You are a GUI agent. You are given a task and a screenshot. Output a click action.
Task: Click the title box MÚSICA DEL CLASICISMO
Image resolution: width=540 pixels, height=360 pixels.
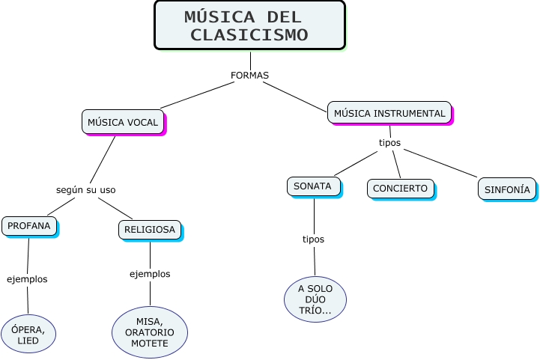pos(249,25)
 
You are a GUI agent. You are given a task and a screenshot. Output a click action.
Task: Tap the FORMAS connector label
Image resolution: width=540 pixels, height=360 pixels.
pos(249,76)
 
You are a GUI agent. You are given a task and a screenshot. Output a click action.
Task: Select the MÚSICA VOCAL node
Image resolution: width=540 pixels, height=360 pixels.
pos(123,122)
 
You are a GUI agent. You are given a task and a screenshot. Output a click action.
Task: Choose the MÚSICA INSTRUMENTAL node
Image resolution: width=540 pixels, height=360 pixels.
pos(389,113)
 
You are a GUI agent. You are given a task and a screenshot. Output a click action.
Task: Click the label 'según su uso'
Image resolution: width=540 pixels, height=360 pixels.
pos(86,189)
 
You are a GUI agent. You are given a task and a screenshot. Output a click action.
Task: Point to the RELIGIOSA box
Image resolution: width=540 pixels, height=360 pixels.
pos(150,230)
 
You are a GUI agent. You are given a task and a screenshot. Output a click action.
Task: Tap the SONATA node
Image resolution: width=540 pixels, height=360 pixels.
pos(313,186)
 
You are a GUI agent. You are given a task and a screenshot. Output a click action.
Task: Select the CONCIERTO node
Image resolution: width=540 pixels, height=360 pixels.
pos(401,189)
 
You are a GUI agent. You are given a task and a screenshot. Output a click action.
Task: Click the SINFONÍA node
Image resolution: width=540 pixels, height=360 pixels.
pos(507,189)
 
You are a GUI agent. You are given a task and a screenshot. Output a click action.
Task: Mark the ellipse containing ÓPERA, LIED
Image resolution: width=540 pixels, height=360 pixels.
pos(28,335)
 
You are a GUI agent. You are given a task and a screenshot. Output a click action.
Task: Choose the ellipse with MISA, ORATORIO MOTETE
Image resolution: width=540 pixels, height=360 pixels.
pos(150,332)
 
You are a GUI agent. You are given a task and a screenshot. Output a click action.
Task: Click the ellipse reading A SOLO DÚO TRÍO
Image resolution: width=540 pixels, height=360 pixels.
pos(315,299)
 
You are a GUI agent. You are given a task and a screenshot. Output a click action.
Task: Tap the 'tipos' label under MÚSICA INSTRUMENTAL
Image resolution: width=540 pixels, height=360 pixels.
pos(389,142)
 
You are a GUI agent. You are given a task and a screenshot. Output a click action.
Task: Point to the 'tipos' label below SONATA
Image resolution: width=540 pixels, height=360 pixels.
pos(313,240)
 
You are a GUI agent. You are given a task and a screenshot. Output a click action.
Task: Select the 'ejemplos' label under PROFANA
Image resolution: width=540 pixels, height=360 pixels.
pos(27,279)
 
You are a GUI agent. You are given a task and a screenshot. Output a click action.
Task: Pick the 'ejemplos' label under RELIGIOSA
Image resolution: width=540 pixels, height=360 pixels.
pos(150,274)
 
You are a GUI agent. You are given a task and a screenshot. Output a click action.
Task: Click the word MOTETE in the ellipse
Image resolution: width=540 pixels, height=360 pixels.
pos(150,344)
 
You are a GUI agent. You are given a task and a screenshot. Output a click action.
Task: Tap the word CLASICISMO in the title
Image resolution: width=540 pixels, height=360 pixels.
pos(249,34)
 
